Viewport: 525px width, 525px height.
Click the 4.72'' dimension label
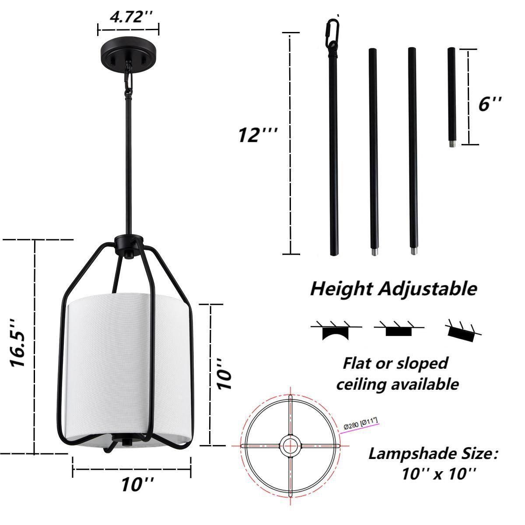pos(131,17)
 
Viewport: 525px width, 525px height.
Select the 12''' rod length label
pos(257,135)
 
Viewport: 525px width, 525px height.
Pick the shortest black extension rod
pos(451,97)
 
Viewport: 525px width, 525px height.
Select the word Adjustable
pos(427,289)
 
